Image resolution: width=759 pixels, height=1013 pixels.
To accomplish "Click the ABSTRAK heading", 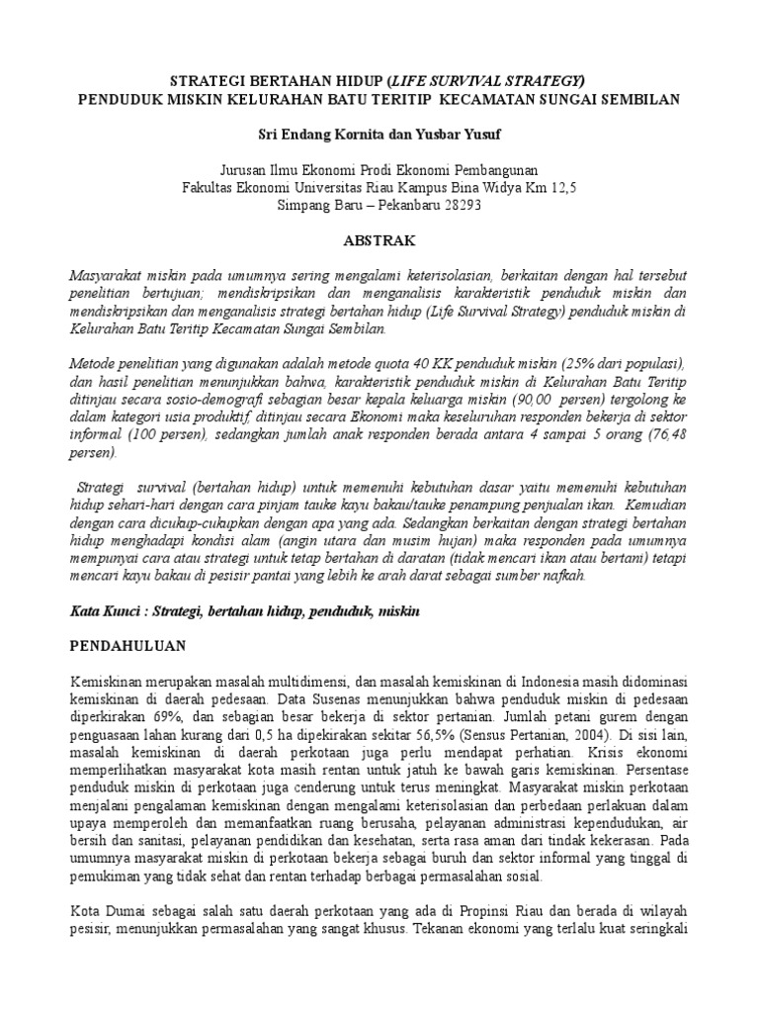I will click(379, 240).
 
